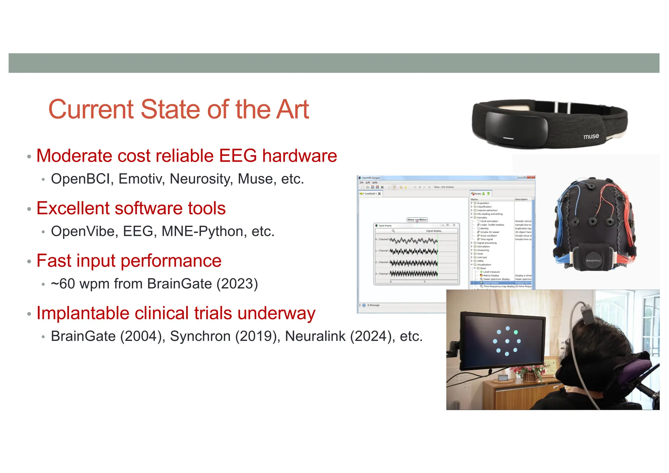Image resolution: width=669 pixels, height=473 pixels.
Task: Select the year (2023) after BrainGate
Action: click(x=237, y=284)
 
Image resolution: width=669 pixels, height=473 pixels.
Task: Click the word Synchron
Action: click(x=200, y=336)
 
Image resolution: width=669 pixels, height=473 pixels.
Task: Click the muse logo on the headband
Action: click(x=591, y=136)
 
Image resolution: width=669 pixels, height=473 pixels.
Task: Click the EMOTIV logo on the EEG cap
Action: click(x=593, y=260)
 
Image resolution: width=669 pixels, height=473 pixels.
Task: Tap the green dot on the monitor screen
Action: click(x=516, y=332)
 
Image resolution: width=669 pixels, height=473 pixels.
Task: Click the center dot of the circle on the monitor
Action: click(x=507, y=341)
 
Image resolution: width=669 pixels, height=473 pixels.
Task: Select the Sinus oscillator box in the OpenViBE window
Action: click(x=417, y=220)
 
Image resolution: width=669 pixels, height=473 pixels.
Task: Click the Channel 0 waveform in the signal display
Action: click(x=414, y=241)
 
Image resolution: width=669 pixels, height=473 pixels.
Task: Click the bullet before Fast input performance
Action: click(x=29, y=262)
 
